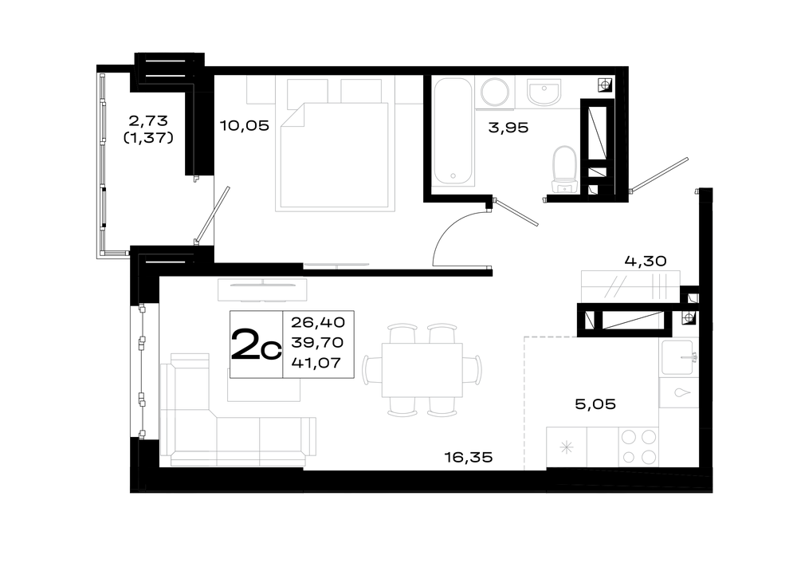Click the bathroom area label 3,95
click(508, 128)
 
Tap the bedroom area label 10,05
click(244, 126)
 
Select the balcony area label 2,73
click(148, 121)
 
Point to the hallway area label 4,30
click(645, 262)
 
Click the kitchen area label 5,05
click(595, 404)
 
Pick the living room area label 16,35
click(469, 457)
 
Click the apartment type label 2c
click(256, 344)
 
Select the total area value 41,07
click(316, 363)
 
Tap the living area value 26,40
click(318, 322)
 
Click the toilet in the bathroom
click(564, 170)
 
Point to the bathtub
click(453, 131)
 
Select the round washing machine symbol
click(495, 92)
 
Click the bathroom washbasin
click(544, 93)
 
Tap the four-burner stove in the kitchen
click(638, 447)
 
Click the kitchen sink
click(678, 357)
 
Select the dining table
click(422, 370)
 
